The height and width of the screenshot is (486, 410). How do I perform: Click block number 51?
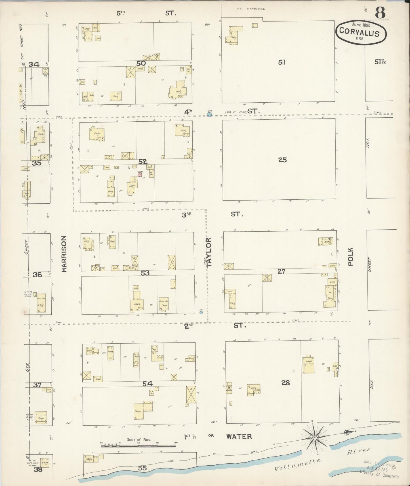click(281, 62)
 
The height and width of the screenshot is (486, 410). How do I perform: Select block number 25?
click(283, 160)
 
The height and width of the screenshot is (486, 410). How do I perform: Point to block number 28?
click(285, 383)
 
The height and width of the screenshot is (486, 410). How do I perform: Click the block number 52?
click(143, 161)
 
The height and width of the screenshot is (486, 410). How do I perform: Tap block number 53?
click(145, 273)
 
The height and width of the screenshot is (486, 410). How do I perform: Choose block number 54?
click(148, 384)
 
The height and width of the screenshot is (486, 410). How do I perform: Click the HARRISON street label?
click(64, 254)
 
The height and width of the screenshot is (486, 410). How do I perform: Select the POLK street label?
click(351, 257)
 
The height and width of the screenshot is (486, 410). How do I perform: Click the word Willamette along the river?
click(297, 465)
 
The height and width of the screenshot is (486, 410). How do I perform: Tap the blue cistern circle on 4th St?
click(209, 114)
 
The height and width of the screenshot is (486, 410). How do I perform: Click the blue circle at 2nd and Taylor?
click(201, 312)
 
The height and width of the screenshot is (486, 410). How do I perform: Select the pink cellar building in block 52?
click(139, 174)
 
